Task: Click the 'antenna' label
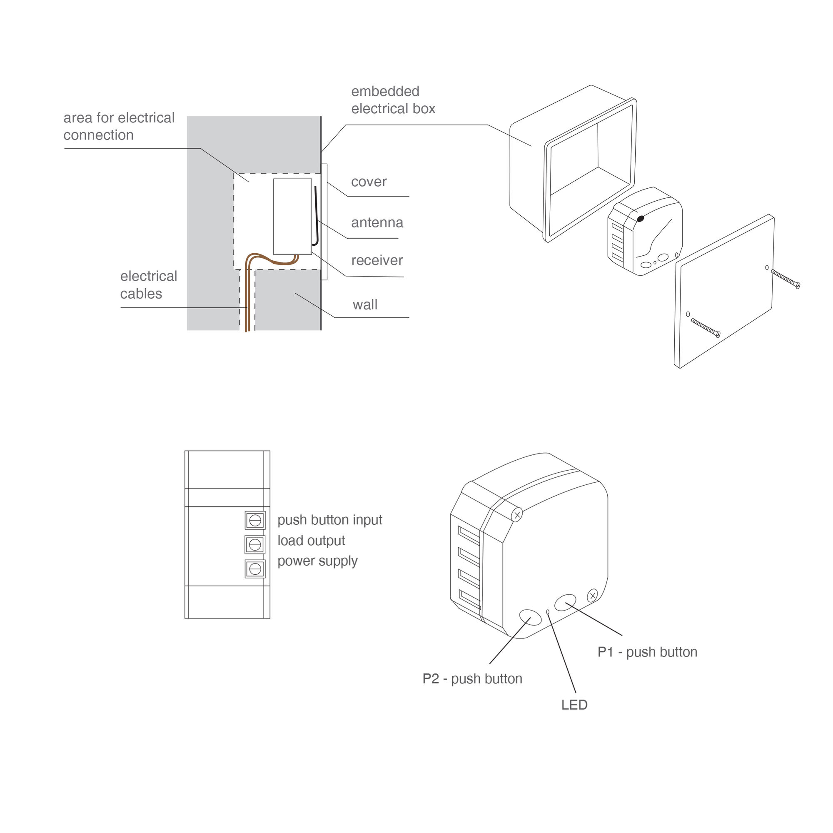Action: [x=377, y=222]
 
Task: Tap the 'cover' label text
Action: [x=369, y=182]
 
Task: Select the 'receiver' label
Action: [x=377, y=260]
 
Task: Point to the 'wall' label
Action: [x=365, y=304]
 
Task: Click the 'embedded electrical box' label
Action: [x=393, y=100]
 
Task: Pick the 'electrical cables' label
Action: [x=148, y=284]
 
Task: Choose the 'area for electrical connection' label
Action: [x=119, y=126]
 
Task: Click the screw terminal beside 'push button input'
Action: [x=255, y=520]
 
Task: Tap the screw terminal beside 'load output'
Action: [x=255, y=544]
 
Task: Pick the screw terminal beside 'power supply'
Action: [x=255, y=569]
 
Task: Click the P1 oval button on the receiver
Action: [x=565, y=602]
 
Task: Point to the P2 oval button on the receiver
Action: [x=530, y=617]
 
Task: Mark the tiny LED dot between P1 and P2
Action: [x=548, y=611]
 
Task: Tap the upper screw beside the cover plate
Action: [x=785, y=279]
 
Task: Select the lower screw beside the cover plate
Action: [x=706, y=328]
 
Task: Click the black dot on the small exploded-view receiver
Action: [x=640, y=219]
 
